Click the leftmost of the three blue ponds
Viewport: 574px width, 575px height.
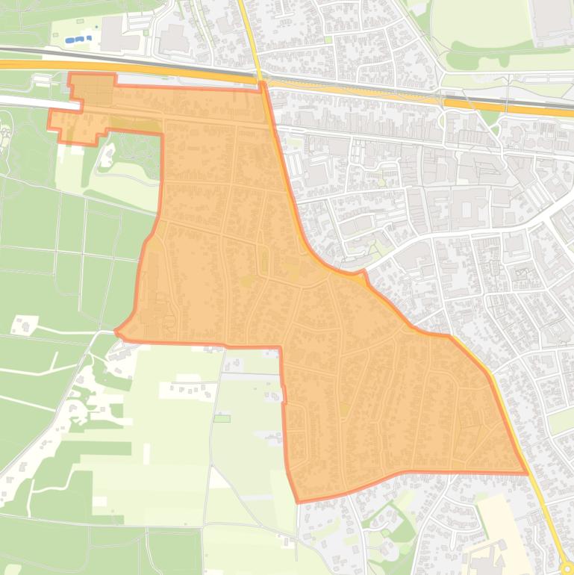tap(70, 40)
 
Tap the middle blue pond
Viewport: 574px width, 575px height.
tap(79, 38)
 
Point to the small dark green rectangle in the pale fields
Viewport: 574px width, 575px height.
tap(222, 418)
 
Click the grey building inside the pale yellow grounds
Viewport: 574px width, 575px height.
tap(485, 556)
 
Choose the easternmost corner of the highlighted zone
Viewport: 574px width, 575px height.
tap(527, 473)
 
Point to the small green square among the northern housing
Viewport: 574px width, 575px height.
tap(327, 40)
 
